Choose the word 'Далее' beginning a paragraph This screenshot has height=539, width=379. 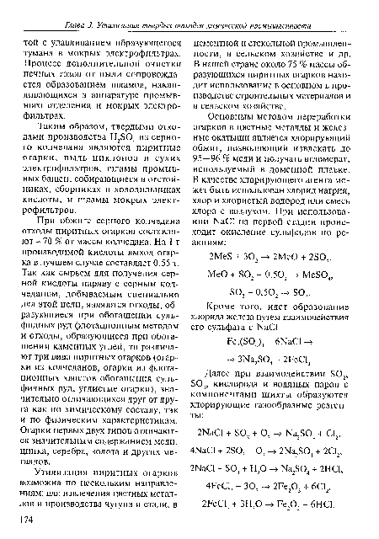coord(225,383)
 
